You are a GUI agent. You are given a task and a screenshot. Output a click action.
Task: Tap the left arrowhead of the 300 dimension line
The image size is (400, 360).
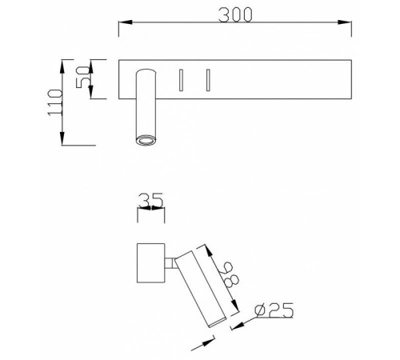124,26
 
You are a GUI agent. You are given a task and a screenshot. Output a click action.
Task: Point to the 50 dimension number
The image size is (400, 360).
79,78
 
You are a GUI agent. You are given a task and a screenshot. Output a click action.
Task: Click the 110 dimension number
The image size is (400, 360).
55,103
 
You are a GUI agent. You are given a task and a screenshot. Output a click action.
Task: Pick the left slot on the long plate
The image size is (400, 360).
182,80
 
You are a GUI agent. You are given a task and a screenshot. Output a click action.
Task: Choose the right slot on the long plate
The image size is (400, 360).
207,80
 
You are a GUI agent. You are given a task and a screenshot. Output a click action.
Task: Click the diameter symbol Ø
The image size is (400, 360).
258,310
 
